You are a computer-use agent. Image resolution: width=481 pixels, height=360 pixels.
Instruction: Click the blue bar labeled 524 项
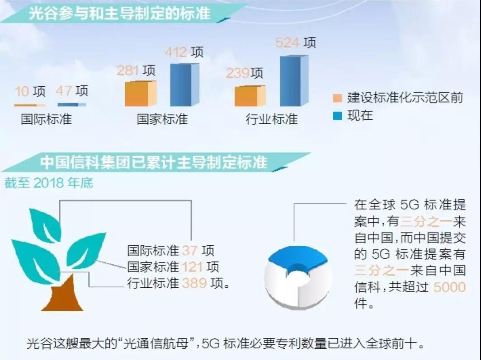[x=294, y=81]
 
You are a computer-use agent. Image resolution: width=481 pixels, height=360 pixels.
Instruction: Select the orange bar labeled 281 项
[x=141, y=94]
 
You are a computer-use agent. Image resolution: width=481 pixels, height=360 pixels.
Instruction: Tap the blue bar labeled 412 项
[x=184, y=85]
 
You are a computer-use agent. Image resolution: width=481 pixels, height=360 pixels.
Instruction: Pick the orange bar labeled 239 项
[x=250, y=96]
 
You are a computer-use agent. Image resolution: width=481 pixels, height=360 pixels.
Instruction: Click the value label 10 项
[x=30, y=91]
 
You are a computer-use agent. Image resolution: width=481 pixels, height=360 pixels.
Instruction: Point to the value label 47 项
[x=72, y=91]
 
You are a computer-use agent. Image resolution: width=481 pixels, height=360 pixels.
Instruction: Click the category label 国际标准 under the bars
[x=46, y=119]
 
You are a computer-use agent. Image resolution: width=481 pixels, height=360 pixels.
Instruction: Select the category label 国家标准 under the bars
[x=162, y=119]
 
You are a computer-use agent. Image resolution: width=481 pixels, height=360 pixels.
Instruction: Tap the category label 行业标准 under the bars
[x=272, y=119]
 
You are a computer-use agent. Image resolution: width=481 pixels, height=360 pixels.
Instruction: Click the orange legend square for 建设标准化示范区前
[x=337, y=98]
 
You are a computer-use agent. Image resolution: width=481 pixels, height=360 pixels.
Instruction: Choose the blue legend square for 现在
[x=337, y=116]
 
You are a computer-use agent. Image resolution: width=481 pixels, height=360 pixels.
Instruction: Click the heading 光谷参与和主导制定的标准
[x=120, y=13]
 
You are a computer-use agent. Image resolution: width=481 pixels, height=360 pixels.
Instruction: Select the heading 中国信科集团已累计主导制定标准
[x=154, y=162]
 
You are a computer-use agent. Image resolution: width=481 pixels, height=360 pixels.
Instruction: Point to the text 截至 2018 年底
[x=48, y=183]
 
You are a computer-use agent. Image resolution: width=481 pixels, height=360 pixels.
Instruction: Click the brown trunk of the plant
[x=66, y=294]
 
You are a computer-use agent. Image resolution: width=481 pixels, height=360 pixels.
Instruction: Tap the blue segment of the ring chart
[x=297, y=258]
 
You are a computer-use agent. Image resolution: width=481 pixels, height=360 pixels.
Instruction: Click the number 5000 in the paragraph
[x=450, y=287]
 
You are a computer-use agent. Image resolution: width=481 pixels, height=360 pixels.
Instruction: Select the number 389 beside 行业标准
[x=194, y=283]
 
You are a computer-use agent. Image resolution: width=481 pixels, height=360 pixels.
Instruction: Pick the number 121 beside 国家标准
[x=192, y=267]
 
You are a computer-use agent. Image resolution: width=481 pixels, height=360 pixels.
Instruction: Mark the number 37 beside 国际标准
[x=189, y=251]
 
